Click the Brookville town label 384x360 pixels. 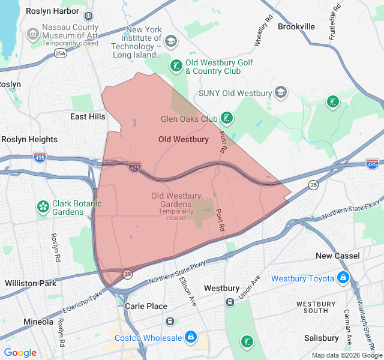(x=296, y=26)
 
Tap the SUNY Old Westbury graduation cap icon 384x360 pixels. (x=281, y=93)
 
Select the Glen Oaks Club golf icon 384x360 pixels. (x=227, y=118)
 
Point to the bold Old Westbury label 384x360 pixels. (x=184, y=139)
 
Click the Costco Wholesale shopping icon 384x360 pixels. (x=191, y=338)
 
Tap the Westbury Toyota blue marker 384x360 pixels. (x=343, y=278)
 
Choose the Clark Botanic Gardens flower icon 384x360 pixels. (x=43, y=207)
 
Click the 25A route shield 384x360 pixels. (x=61, y=53)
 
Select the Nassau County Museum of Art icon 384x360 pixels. (x=33, y=35)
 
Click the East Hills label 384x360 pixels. (x=88, y=116)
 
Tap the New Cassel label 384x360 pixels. (x=338, y=256)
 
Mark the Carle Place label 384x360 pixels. (x=146, y=306)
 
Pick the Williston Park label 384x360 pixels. (x=30, y=283)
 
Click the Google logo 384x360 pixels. (x=20, y=352)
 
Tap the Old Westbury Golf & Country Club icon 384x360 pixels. (x=176, y=66)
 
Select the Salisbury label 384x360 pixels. (x=322, y=338)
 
